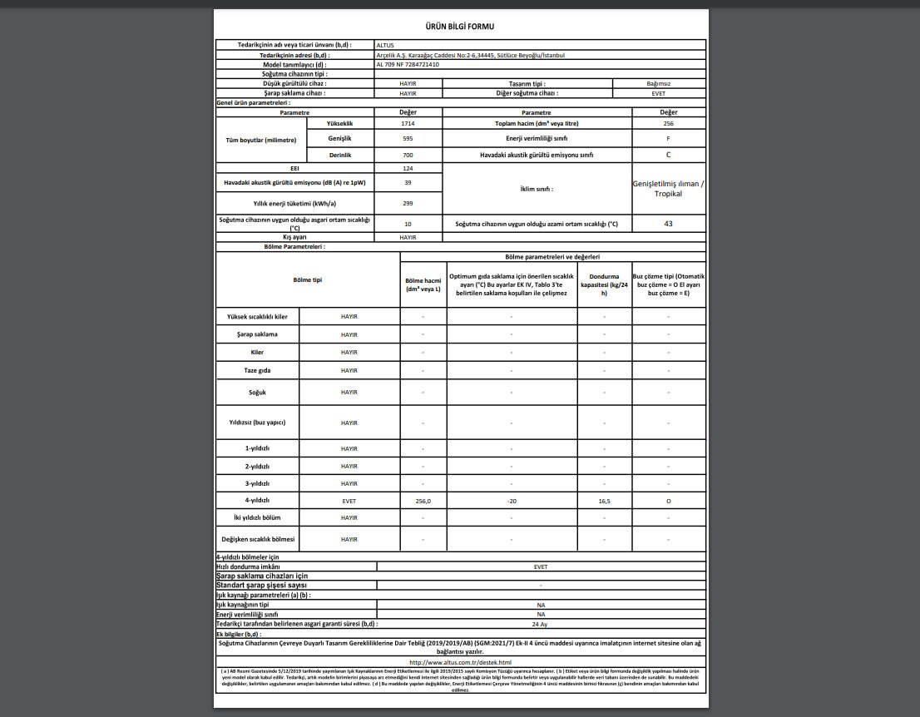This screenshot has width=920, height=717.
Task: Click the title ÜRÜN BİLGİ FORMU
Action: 459,27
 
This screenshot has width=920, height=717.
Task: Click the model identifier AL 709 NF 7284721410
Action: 408,64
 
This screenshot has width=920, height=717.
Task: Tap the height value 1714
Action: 408,123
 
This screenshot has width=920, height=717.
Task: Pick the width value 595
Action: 408,138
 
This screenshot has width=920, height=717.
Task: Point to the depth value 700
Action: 408,155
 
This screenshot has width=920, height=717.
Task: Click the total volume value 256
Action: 668,123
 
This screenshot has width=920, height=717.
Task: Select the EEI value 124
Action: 408,168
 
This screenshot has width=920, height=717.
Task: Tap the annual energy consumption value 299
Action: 408,203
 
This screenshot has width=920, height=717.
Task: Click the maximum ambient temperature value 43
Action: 668,224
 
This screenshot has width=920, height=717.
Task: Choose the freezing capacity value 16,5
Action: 604,502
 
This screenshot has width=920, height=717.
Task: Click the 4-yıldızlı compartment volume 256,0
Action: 423,502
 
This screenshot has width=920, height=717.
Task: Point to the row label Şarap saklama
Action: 257,334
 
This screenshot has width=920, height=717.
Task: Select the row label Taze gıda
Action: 257,370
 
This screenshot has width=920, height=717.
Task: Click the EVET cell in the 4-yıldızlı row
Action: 349,502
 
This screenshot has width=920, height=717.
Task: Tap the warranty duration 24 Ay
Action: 540,623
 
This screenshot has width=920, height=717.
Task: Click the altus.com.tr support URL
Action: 460,662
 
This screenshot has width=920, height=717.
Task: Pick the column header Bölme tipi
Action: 307,280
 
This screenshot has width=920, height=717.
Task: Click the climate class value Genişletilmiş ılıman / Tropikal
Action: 668,188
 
